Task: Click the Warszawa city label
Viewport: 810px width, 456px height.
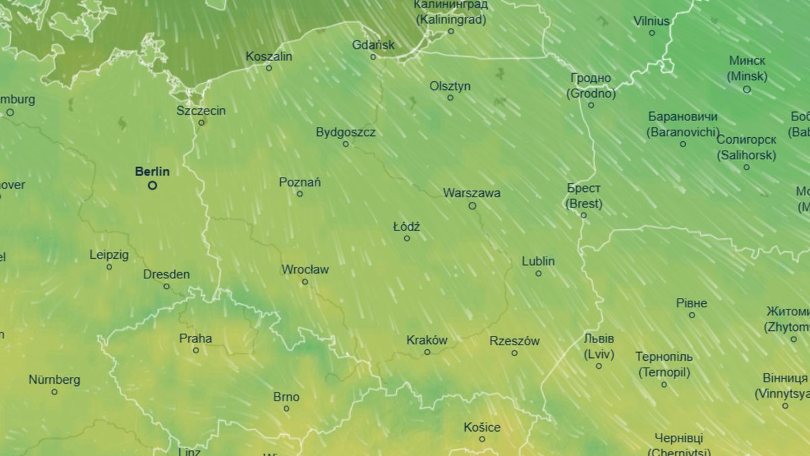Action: pyautogui.click(x=472, y=193)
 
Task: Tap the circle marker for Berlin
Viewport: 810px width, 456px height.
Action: pyautogui.click(x=153, y=185)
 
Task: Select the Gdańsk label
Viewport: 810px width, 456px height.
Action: pyautogui.click(x=373, y=45)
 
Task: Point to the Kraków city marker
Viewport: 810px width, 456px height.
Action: pyautogui.click(x=427, y=352)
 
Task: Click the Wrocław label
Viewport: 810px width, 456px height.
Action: pyautogui.click(x=305, y=270)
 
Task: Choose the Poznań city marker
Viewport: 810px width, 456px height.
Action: pyautogui.click(x=300, y=194)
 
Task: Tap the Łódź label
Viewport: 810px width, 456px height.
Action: pyautogui.click(x=406, y=227)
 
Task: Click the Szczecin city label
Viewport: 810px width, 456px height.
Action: pyautogui.click(x=201, y=111)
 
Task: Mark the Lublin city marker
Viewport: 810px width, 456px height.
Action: pyautogui.click(x=539, y=274)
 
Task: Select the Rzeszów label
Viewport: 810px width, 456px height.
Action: pyautogui.click(x=514, y=341)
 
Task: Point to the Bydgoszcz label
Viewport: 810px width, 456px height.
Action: pyautogui.click(x=346, y=132)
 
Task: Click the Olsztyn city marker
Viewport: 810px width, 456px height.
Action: pyautogui.click(x=450, y=98)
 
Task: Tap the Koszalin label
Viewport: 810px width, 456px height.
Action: pyautogui.click(x=269, y=56)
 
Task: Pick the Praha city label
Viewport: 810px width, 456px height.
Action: pyautogui.click(x=195, y=338)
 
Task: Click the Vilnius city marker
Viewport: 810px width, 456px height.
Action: pyautogui.click(x=652, y=32)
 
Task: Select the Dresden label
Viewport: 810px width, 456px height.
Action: pyautogui.click(x=166, y=275)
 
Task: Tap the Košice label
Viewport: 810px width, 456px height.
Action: pyautogui.click(x=482, y=428)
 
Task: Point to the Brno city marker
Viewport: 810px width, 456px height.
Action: pyautogui.click(x=286, y=409)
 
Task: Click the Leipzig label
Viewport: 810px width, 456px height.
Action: pyautogui.click(x=109, y=255)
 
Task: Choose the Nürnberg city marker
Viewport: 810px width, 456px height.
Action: pyautogui.click(x=54, y=392)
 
